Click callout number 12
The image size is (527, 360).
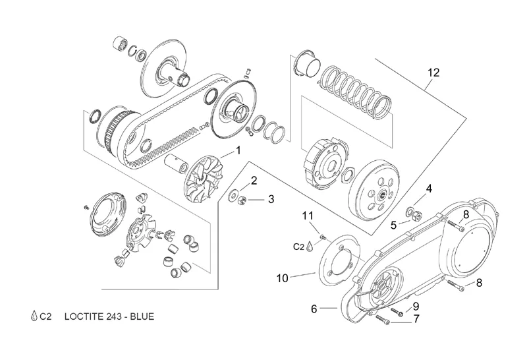point(433,73)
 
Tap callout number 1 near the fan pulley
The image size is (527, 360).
point(238,150)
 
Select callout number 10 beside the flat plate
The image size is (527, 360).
point(283,278)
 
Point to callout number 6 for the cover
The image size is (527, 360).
point(314,309)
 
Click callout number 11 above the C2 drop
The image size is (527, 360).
point(308,216)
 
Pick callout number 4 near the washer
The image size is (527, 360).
point(429,189)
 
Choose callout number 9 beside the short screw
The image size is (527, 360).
point(416,307)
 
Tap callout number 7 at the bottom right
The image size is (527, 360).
point(416,318)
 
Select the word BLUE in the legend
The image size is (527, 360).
point(142,316)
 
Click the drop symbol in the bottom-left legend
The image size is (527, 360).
point(34,316)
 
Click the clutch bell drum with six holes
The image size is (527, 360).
point(374,192)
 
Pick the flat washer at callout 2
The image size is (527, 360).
point(233,196)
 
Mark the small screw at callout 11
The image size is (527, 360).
point(323,237)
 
